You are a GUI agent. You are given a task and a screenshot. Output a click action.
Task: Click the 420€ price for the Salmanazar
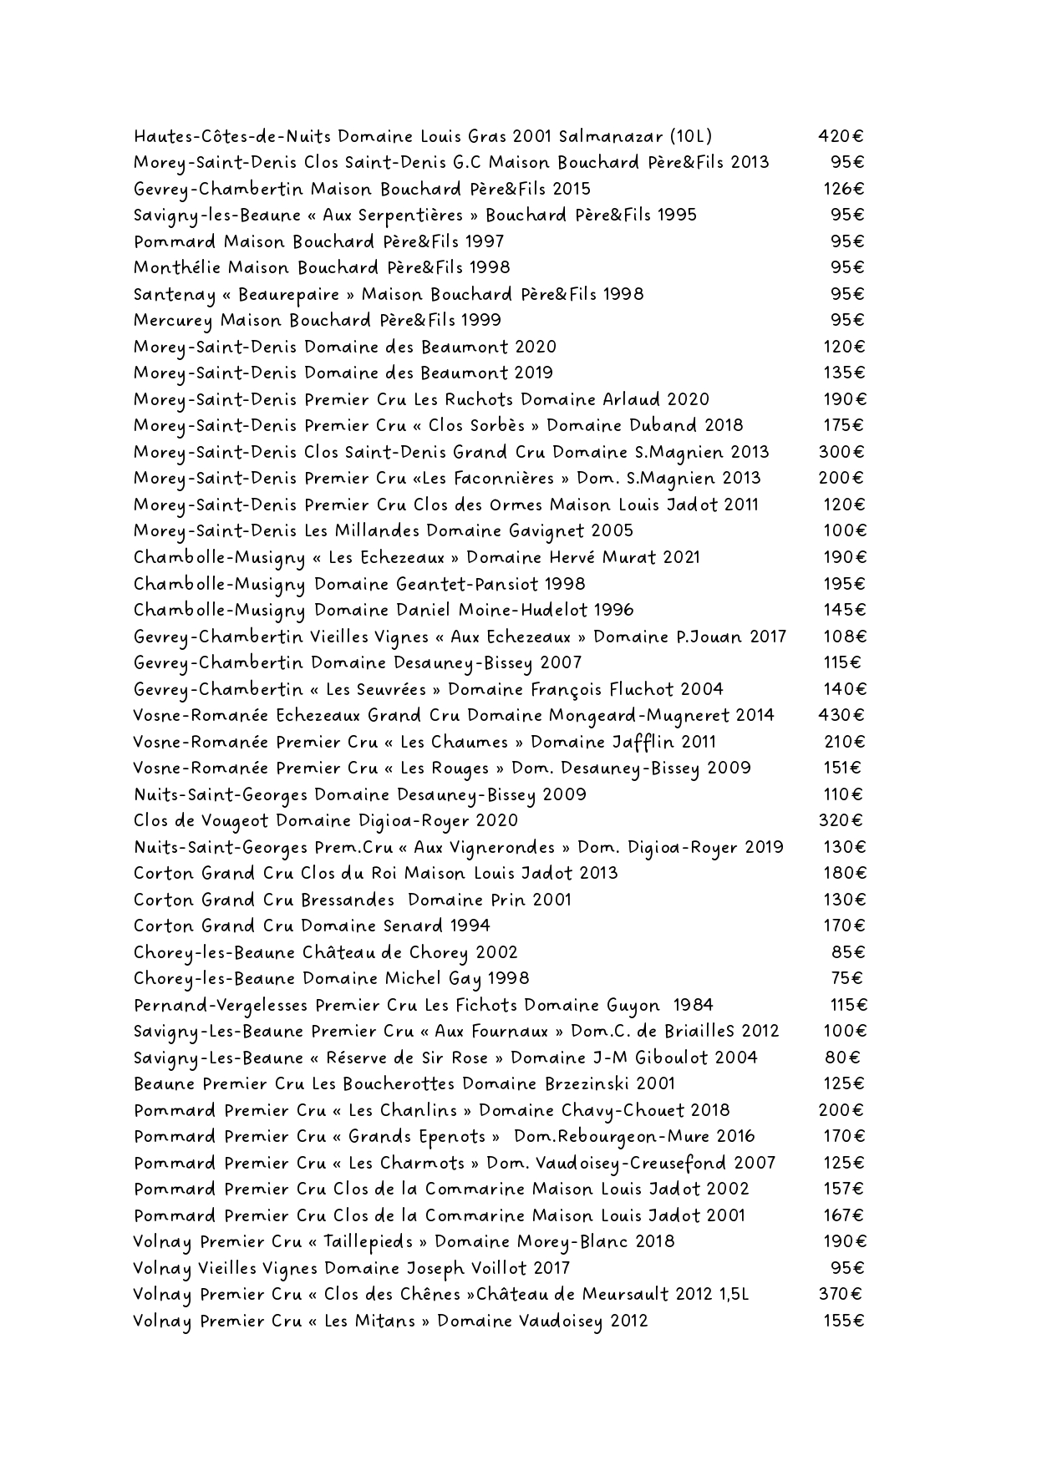[x=841, y=136]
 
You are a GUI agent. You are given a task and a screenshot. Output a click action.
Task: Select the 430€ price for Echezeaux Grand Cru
[x=841, y=715]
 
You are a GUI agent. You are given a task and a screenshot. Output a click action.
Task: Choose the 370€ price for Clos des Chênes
[x=841, y=1295]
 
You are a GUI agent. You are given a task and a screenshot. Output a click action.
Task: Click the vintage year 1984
[x=693, y=1005]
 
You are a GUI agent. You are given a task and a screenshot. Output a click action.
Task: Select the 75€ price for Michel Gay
[x=846, y=978]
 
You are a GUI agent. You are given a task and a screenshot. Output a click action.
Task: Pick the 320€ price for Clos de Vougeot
[x=841, y=820]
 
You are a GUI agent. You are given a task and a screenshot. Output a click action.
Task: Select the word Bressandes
[x=348, y=900]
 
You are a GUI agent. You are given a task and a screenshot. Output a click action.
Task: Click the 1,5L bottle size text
[x=734, y=1295]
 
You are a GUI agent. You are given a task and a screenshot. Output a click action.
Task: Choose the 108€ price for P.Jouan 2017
[x=845, y=637]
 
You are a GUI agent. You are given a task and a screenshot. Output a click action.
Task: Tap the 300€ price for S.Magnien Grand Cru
[x=841, y=452]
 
